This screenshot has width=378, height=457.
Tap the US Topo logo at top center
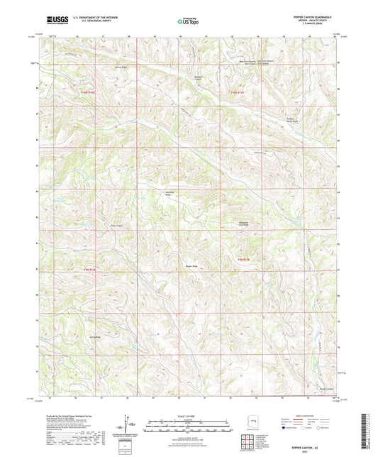(x=188, y=23)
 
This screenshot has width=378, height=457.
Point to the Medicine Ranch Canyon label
(x=284, y=120)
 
